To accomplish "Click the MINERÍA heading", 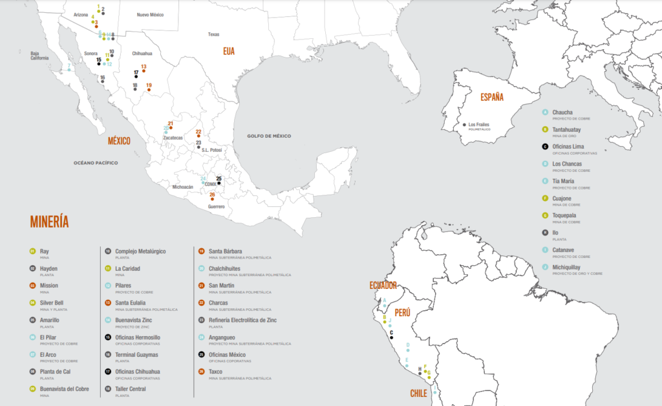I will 49,222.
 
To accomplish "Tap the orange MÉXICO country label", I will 119,140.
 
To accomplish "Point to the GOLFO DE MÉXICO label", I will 269,136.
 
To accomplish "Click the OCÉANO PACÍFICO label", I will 94,163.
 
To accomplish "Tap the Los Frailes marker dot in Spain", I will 465,124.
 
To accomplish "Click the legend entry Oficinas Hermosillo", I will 137,337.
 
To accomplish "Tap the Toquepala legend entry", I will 567,215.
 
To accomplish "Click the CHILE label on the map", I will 419,394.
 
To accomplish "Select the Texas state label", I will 213,34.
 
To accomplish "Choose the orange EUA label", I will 229,50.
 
